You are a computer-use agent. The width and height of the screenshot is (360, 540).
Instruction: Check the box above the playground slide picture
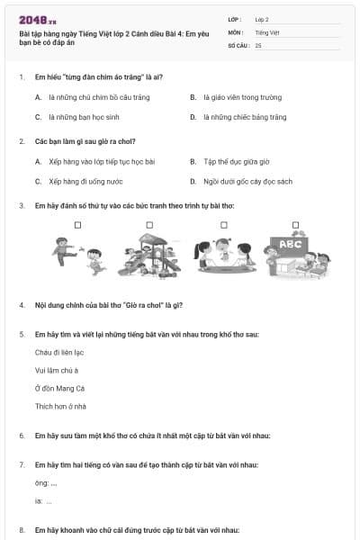point(149,225)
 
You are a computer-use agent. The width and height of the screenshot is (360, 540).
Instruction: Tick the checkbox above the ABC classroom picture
point(295,225)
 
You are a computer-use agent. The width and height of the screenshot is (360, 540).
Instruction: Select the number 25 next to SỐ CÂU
point(258,44)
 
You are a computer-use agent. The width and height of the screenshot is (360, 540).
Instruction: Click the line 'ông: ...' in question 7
point(45,483)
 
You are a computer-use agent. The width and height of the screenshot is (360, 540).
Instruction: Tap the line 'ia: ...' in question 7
point(43,501)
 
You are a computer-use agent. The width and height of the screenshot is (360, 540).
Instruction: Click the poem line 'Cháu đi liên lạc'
point(59,352)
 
